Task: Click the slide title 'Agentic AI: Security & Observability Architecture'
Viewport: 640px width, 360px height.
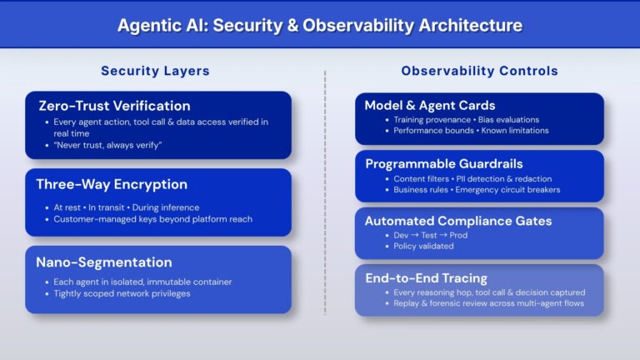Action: coord(320,25)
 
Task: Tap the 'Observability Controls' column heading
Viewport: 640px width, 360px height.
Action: coord(479,71)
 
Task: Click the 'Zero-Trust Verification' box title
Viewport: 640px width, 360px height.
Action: coord(114,106)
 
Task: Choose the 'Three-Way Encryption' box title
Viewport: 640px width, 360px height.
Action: coord(111,184)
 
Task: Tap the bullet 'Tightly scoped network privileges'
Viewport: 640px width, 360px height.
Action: coord(122,293)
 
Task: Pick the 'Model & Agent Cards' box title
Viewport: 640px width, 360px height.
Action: coord(429,105)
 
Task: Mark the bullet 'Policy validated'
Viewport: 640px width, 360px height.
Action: coord(424,247)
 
